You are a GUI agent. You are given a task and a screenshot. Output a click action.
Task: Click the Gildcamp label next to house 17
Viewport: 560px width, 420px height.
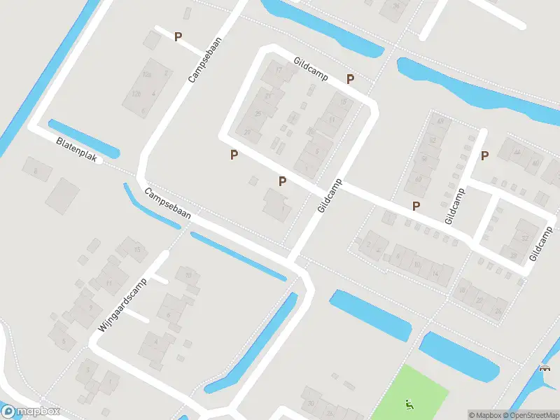coord(311,69)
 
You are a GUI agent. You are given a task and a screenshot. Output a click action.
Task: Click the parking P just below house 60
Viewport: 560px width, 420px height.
coord(416,206)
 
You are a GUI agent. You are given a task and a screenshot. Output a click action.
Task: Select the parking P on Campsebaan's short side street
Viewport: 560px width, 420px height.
coord(178,36)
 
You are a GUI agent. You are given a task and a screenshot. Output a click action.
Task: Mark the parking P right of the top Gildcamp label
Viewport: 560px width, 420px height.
coord(350,79)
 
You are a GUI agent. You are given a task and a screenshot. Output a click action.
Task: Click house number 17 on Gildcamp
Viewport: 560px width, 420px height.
coord(278,71)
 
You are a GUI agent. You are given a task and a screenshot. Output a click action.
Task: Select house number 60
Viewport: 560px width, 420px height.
coord(418,178)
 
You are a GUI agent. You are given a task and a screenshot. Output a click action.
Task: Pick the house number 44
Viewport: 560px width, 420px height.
coord(517,152)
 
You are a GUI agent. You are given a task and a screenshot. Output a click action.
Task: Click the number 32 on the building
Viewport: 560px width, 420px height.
coord(525,238)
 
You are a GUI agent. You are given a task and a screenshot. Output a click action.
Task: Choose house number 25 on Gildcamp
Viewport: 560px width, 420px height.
coord(258,113)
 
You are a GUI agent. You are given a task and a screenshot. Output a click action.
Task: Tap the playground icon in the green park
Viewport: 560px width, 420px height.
coord(408,403)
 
